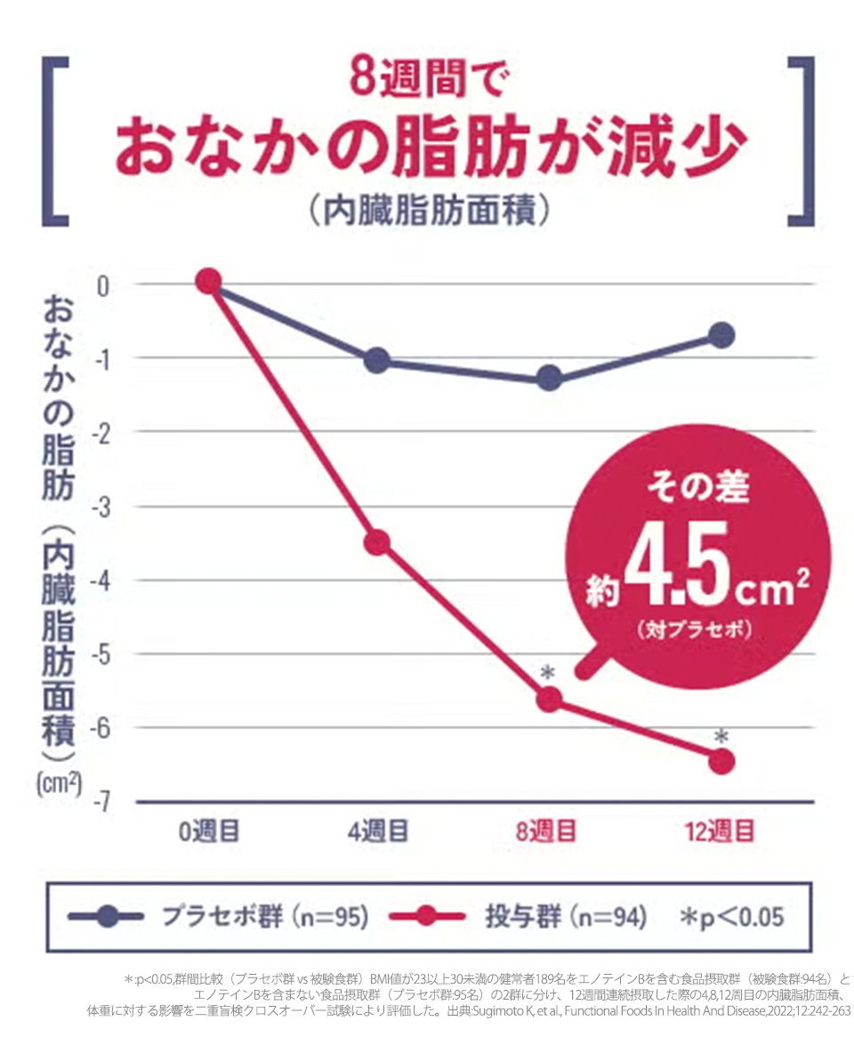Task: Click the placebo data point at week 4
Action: pyautogui.click(x=377, y=360)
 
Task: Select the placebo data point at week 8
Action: pyautogui.click(x=549, y=378)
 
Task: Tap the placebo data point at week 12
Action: pyautogui.click(x=721, y=335)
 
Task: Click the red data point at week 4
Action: pyautogui.click(x=377, y=542)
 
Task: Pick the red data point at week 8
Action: pyautogui.click(x=549, y=700)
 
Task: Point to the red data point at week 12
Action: pyautogui.click(x=721, y=760)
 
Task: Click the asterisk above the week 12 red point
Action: pyautogui.click(x=721, y=737)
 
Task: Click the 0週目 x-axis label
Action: pyautogui.click(x=209, y=832)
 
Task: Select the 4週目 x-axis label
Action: pyautogui.click(x=378, y=832)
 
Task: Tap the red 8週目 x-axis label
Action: pyautogui.click(x=546, y=832)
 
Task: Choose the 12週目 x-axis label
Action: pyautogui.click(x=720, y=832)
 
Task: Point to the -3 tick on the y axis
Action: pyautogui.click(x=103, y=506)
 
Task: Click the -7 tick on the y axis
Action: pyautogui.click(x=103, y=802)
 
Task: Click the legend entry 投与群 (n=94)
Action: pyautogui.click(x=565, y=917)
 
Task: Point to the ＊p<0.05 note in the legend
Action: pyautogui.click(x=731, y=917)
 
